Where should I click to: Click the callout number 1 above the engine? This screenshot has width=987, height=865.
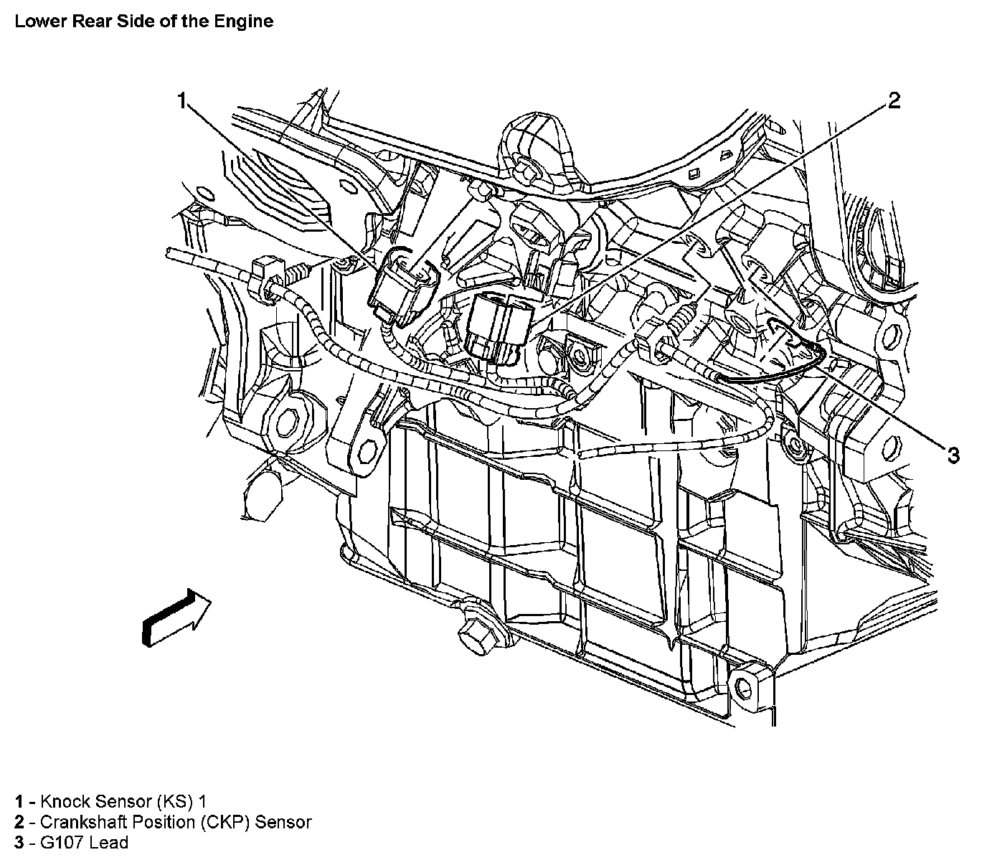pos(184,100)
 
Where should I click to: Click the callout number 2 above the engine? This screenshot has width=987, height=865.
pos(894,100)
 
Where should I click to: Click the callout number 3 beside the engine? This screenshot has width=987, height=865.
pos(953,454)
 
